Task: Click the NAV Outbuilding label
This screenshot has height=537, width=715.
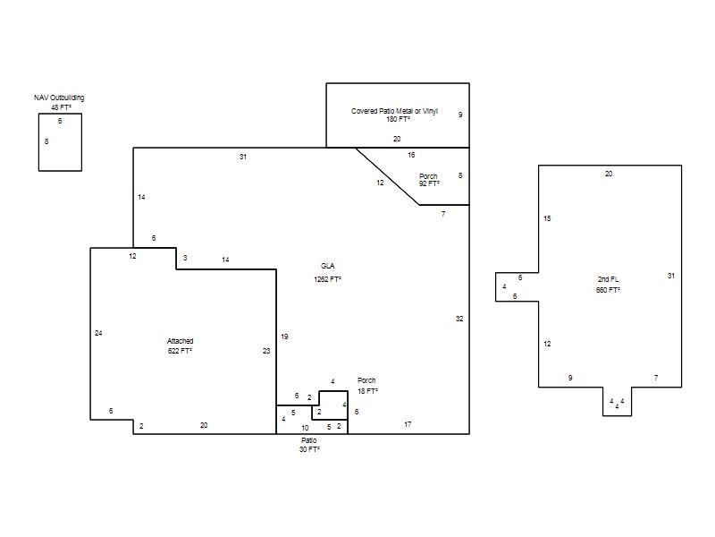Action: coord(59,98)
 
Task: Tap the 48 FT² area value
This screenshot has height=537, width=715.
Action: coord(61,107)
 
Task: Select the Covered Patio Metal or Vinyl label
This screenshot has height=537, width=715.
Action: coord(394,111)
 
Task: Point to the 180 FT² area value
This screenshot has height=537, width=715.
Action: coord(398,119)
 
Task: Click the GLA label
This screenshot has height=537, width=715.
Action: coord(327,266)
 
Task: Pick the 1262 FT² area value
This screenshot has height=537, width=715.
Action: coord(327,279)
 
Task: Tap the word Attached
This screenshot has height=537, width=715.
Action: coord(181,341)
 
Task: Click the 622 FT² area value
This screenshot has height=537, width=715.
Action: coord(181,351)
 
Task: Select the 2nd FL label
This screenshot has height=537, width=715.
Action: coord(609,279)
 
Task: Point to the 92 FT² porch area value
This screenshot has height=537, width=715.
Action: coord(429,183)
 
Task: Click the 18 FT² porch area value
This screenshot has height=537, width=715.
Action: coord(367,391)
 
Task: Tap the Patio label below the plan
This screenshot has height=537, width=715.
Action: coord(308,440)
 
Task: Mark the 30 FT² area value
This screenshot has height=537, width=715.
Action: coord(309,450)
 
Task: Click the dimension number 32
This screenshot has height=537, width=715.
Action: coord(459,319)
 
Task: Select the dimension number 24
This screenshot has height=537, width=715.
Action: coord(98,333)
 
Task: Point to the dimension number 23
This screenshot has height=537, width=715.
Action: coord(266,351)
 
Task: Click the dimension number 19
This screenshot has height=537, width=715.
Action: coord(284,337)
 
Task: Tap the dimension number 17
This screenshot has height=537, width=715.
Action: coord(408,424)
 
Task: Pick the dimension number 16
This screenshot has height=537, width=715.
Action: coord(411,155)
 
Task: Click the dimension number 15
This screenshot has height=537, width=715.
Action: coord(547,218)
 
